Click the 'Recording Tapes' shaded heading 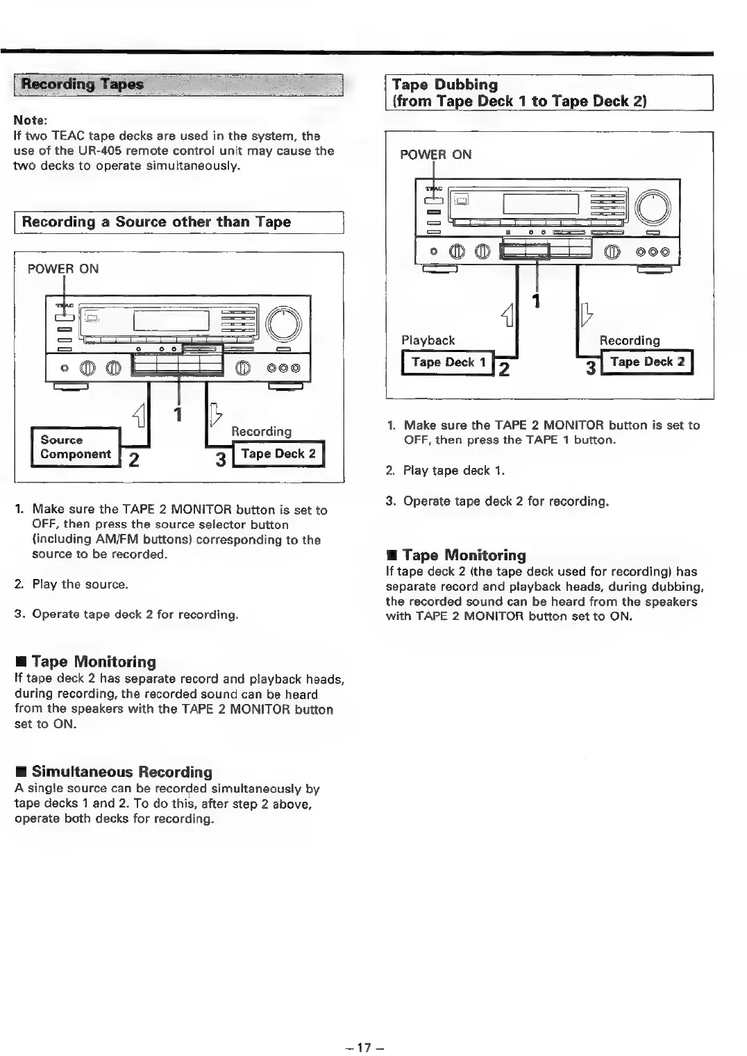[x=83, y=85]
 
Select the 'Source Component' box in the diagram [x=76, y=447]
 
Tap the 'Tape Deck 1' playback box [x=448, y=362]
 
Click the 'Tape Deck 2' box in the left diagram [x=278, y=454]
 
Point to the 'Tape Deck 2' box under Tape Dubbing [x=647, y=362]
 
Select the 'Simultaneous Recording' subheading [x=121, y=772]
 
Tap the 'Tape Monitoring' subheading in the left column [x=94, y=662]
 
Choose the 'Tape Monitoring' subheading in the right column [x=464, y=555]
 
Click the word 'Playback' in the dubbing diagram [x=428, y=340]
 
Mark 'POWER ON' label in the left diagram [x=63, y=269]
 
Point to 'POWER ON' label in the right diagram [x=436, y=155]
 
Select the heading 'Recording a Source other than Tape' [x=156, y=222]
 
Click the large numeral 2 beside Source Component [x=135, y=460]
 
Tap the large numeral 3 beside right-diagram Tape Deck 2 [x=591, y=368]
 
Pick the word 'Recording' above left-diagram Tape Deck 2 [x=261, y=431]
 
